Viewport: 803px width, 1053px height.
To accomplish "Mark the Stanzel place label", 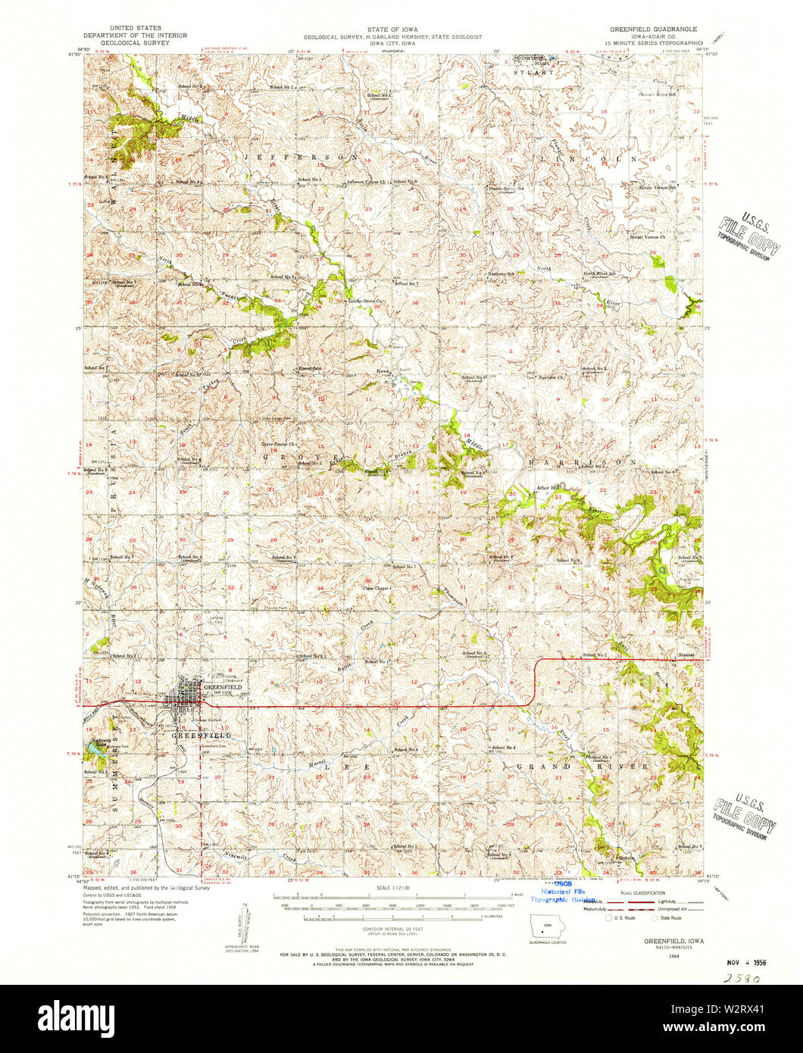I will (686, 655).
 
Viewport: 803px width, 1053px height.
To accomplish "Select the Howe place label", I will (383, 370).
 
